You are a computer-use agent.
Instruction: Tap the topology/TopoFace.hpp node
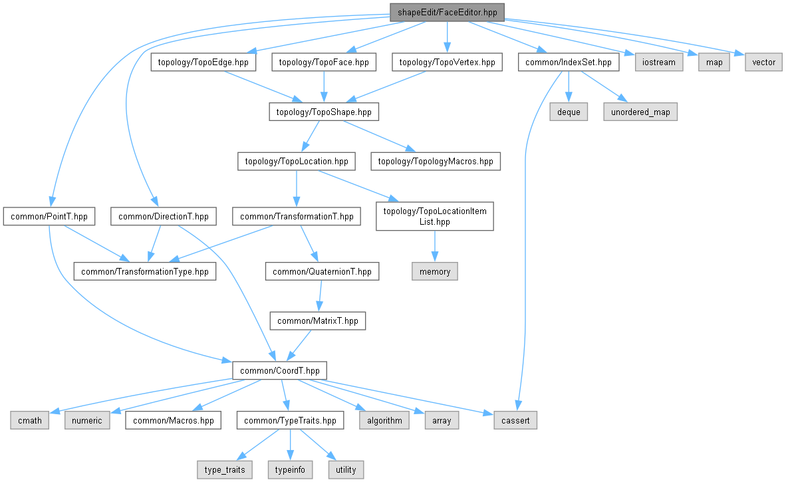(324, 62)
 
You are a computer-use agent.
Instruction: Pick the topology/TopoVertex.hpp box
(447, 62)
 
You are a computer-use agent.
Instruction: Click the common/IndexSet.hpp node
(569, 62)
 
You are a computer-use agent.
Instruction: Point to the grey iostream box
(659, 62)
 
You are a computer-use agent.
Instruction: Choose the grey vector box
(764, 62)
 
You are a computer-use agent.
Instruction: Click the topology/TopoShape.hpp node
(324, 112)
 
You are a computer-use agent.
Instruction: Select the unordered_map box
(640, 112)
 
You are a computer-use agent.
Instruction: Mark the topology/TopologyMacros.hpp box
(436, 161)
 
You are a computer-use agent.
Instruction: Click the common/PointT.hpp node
(49, 217)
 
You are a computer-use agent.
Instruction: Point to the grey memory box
(435, 271)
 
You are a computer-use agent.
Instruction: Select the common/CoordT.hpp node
(280, 370)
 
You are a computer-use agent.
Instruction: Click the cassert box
(515, 420)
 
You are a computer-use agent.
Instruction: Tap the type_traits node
(225, 469)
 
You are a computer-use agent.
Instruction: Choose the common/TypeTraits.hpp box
(290, 420)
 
